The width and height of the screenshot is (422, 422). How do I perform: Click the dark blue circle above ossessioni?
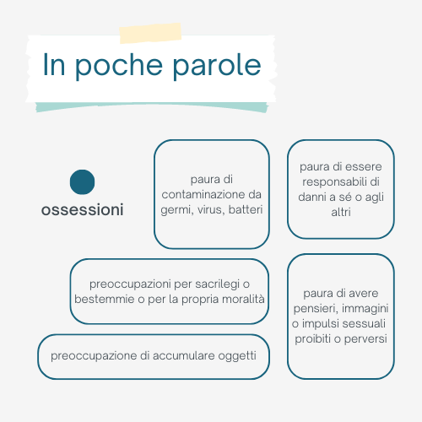pos(82,182)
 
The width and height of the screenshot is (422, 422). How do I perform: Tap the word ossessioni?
pos(82,210)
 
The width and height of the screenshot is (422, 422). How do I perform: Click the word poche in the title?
pos(119,66)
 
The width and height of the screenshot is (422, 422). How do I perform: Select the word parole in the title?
pos(217,66)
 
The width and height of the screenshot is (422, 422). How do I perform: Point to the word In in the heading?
pos(54,64)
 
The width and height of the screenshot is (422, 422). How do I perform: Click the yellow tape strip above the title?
pos(150,33)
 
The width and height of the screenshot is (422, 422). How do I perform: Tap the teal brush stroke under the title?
pos(152,107)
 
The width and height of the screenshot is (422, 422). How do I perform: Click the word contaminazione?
pos(204,194)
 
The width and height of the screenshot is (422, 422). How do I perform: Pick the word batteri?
pos(246,209)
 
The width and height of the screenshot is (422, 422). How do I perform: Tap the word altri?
pos(341,212)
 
